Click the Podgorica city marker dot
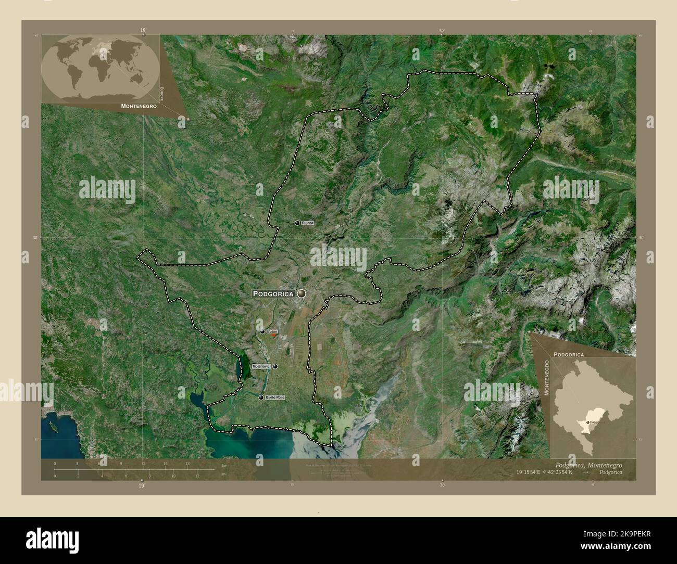pos(301,293)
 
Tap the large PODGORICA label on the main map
pos(273,294)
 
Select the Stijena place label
pos(308,223)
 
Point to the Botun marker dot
pos(262,331)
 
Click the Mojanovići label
pos(261,366)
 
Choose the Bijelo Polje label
pos(275,398)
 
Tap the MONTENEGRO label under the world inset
pos(139,106)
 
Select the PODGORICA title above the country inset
pos(568,354)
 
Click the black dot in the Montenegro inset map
pos(587,423)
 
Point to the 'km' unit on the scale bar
pos(224,466)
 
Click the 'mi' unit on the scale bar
pos(224,473)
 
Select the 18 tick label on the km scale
pos(187,463)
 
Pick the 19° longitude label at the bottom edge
pos(141,486)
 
